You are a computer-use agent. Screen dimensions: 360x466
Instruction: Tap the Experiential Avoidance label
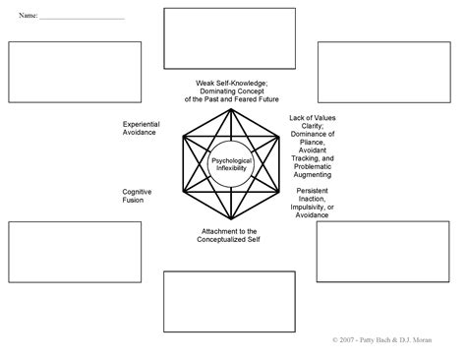142,129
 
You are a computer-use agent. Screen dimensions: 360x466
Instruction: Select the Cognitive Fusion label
137,195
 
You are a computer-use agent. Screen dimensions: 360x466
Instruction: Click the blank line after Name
84,18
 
